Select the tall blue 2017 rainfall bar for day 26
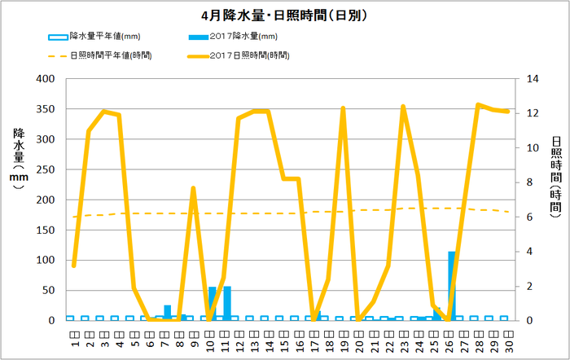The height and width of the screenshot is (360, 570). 452,286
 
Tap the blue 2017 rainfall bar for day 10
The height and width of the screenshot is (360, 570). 213,304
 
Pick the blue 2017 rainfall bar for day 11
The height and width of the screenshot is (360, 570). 227,304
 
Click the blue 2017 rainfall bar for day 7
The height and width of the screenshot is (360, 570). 168,312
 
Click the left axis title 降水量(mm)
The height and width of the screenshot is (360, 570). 18,159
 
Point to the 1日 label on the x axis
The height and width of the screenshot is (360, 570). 73,334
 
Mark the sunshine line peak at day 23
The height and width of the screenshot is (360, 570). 402,107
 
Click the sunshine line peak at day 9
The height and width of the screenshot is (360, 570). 193,188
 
